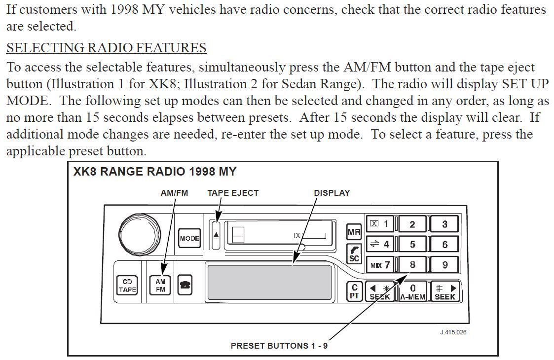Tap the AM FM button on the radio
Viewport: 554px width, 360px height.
click(x=160, y=286)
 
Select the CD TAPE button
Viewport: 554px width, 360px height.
click(x=127, y=286)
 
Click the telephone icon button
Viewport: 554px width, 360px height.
click(x=185, y=286)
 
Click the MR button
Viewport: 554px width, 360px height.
click(x=354, y=232)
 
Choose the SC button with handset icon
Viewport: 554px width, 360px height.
click(x=354, y=253)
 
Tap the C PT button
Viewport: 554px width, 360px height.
click(x=354, y=291)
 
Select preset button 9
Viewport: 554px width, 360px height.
click(x=444, y=265)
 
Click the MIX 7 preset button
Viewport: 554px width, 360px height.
click(x=380, y=265)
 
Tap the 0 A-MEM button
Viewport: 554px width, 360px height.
click(x=412, y=291)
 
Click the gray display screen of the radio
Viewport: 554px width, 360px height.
click(x=269, y=282)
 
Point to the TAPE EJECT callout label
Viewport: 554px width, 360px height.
click(x=233, y=193)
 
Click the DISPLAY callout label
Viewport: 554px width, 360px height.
click(x=332, y=193)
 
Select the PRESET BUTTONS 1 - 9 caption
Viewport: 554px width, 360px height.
click(x=279, y=346)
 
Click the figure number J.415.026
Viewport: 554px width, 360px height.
click(x=453, y=332)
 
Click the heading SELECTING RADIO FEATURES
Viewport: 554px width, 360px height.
click(x=106, y=48)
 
